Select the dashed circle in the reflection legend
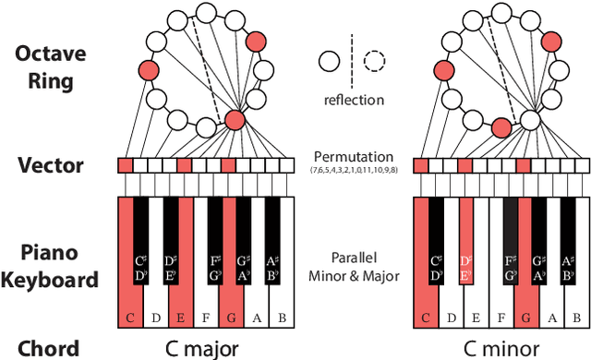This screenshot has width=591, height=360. coord(374,62)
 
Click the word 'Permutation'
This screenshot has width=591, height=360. coord(352,157)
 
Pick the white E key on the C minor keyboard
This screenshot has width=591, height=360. coord(476,314)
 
